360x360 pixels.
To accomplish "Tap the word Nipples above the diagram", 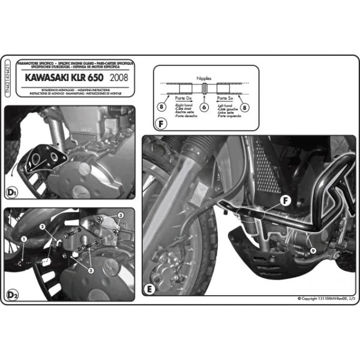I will click(x=204, y=78).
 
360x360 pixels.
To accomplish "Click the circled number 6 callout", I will click(x=204, y=107).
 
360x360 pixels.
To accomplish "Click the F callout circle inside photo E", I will click(x=286, y=200).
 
